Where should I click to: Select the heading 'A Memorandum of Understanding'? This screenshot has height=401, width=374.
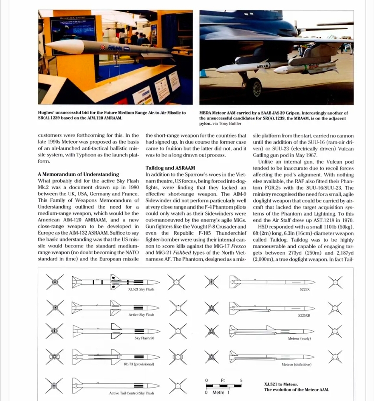pyautogui.click(x=78, y=174)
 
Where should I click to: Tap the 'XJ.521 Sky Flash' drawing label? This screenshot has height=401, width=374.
pyautogui.click(x=141, y=289)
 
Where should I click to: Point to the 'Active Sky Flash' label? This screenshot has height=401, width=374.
pyautogui.click(x=141, y=315)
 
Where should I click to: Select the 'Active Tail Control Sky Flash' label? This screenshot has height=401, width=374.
pyautogui.click(x=132, y=393)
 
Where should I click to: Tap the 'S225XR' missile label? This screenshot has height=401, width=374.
pyautogui.click(x=305, y=316)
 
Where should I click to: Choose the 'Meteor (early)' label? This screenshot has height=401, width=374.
pyautogui.click(x=299, y=338)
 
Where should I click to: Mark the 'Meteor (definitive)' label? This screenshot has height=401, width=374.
pyautogui.click(x=296, y=364)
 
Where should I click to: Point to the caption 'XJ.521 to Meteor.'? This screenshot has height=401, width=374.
pyautogui.click(x=281, y=384)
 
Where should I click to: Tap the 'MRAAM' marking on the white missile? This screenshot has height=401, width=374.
pyautogui.click(x=264, y=65)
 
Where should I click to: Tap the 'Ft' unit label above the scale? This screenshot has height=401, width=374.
pyautogui.click(x=223, y=380)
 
